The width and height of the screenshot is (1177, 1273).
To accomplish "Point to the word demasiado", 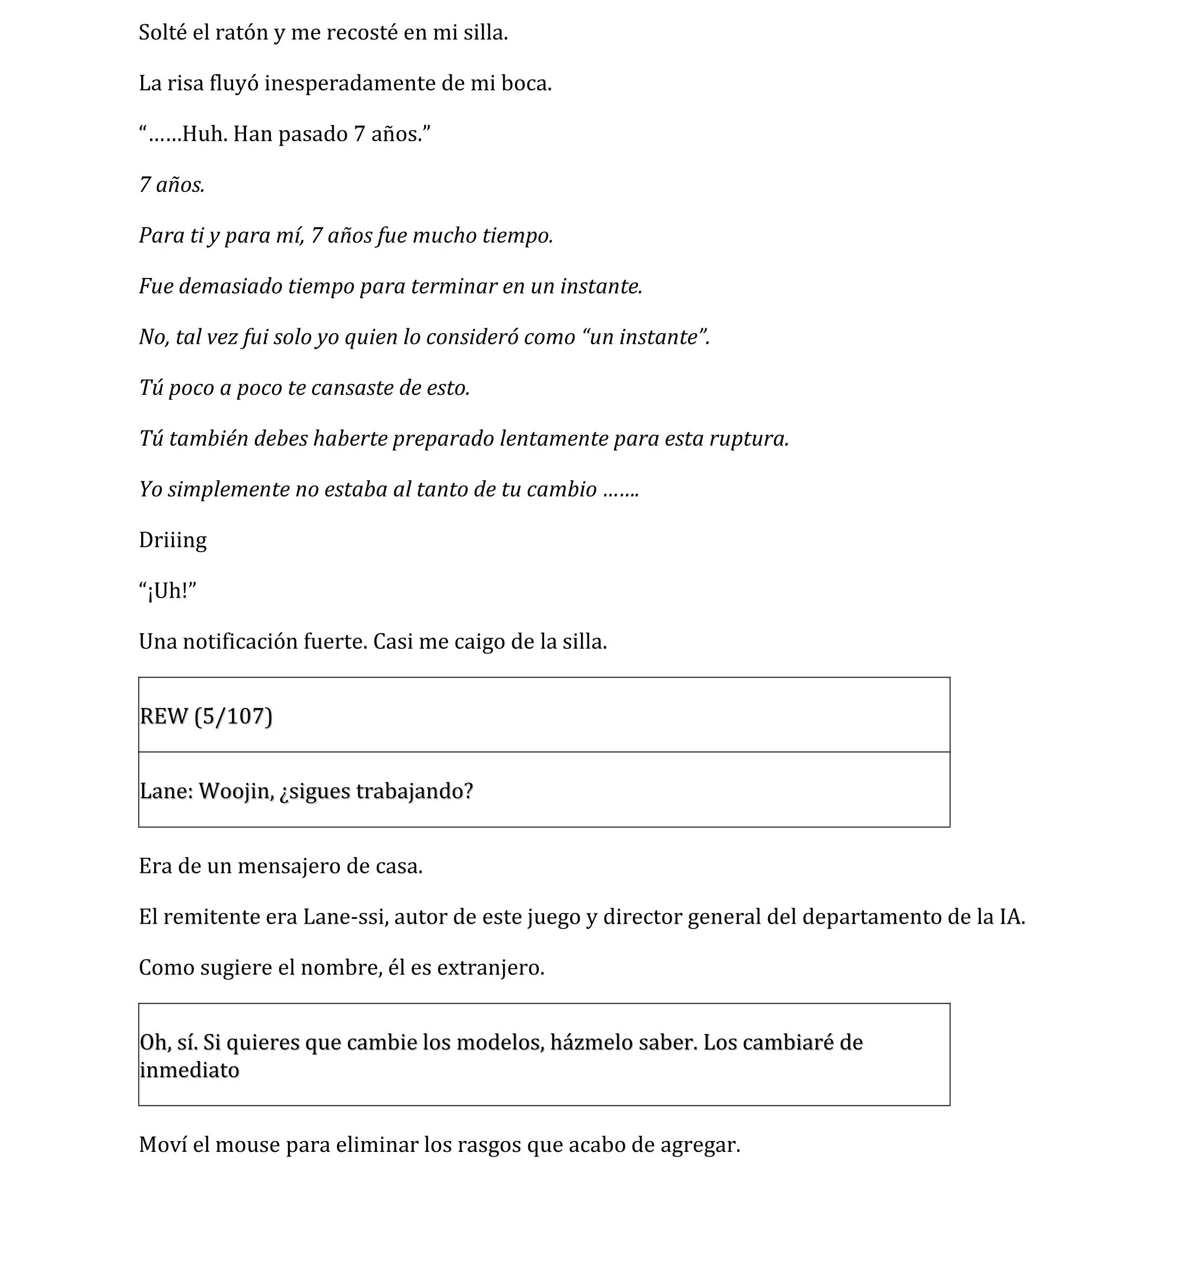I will point(230,287).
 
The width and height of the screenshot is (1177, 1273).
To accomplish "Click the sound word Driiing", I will point(173,540).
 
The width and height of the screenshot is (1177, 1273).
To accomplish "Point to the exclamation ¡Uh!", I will point(168,591).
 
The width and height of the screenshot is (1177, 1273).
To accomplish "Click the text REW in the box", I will point(164,717).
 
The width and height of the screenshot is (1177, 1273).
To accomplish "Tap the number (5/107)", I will point(233,717).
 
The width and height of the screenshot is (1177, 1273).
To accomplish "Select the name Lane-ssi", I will point(345,917).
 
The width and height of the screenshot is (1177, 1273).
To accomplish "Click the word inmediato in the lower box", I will point(189,1071).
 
